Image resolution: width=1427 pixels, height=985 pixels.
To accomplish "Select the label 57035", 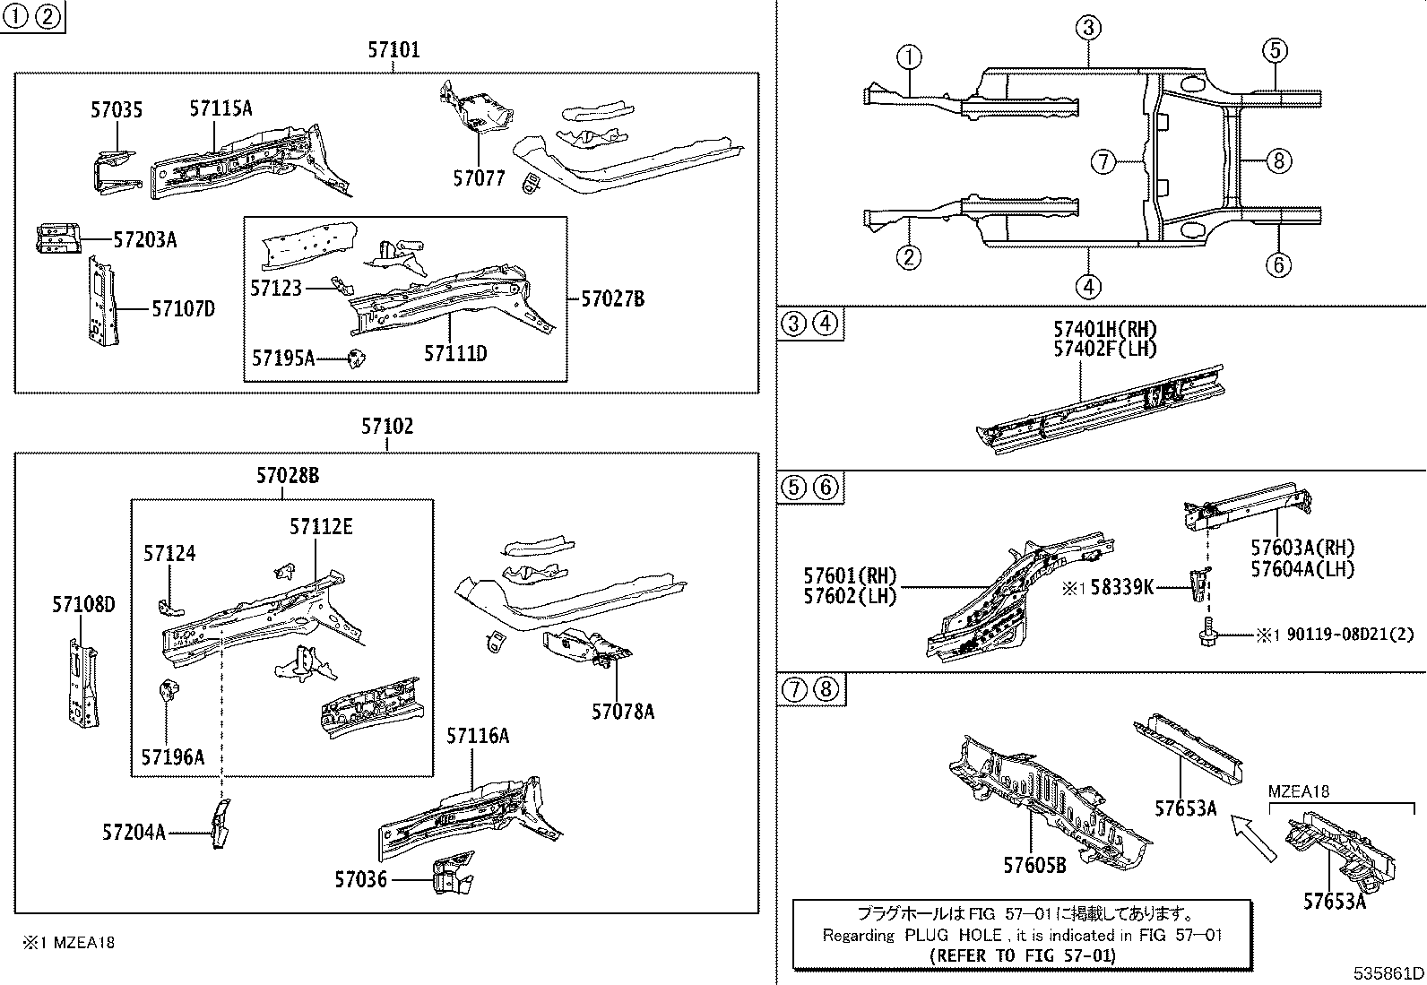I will point(116,110).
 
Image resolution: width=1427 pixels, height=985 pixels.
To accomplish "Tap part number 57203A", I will point(145,239).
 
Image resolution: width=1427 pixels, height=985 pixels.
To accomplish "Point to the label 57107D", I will point(183,308).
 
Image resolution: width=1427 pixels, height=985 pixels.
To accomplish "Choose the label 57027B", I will point(612,298).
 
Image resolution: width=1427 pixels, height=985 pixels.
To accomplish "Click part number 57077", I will point(479,178).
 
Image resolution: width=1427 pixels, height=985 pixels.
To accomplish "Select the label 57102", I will point(387,426).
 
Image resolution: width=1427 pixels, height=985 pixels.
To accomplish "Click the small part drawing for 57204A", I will point(220,823).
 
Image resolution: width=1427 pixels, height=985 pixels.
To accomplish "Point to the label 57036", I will point(361,879).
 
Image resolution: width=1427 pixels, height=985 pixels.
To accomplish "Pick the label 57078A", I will point(622,711).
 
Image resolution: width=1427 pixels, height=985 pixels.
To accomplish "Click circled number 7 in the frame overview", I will point(1103,162).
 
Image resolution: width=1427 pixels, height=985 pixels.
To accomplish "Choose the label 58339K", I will point(1120,588).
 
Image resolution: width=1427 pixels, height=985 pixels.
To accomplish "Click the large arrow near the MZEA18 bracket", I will point(1253,837).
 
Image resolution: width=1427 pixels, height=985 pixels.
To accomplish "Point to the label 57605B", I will point(1034,865).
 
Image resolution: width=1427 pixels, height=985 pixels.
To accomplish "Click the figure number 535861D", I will point(1388,973).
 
